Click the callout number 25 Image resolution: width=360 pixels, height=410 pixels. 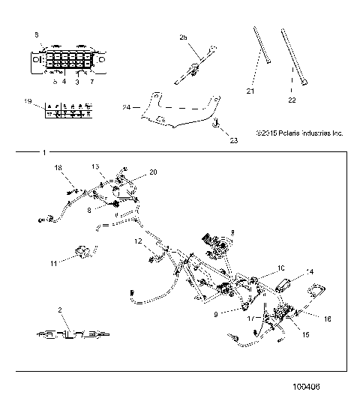(x=182, y=37)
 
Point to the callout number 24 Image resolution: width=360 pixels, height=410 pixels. (x=127, y=107)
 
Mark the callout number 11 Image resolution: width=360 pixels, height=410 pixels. (x=53, y=264)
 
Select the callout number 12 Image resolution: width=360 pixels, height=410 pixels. (x=138, y=241)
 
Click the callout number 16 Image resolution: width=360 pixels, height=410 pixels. (x=326, y=319)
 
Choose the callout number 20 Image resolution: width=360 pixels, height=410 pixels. (x=154, y=172)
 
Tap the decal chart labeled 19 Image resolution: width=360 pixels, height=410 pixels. (x=66, y=110)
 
